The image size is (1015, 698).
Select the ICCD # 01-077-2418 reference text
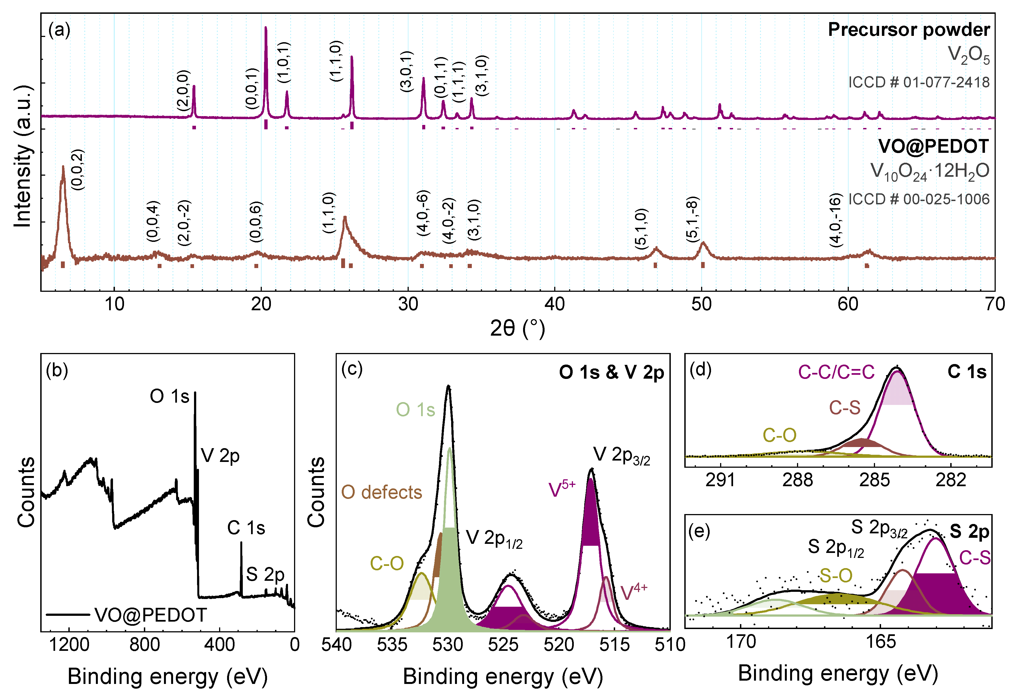pos(919,82)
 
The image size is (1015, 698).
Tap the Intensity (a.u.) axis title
pos(23,156)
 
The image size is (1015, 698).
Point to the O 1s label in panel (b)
pos(169,397)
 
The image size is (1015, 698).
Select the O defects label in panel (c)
pos(381,493)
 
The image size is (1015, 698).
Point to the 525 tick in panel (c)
pos(503,645)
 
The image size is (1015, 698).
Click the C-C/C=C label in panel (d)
pos(836,372)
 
